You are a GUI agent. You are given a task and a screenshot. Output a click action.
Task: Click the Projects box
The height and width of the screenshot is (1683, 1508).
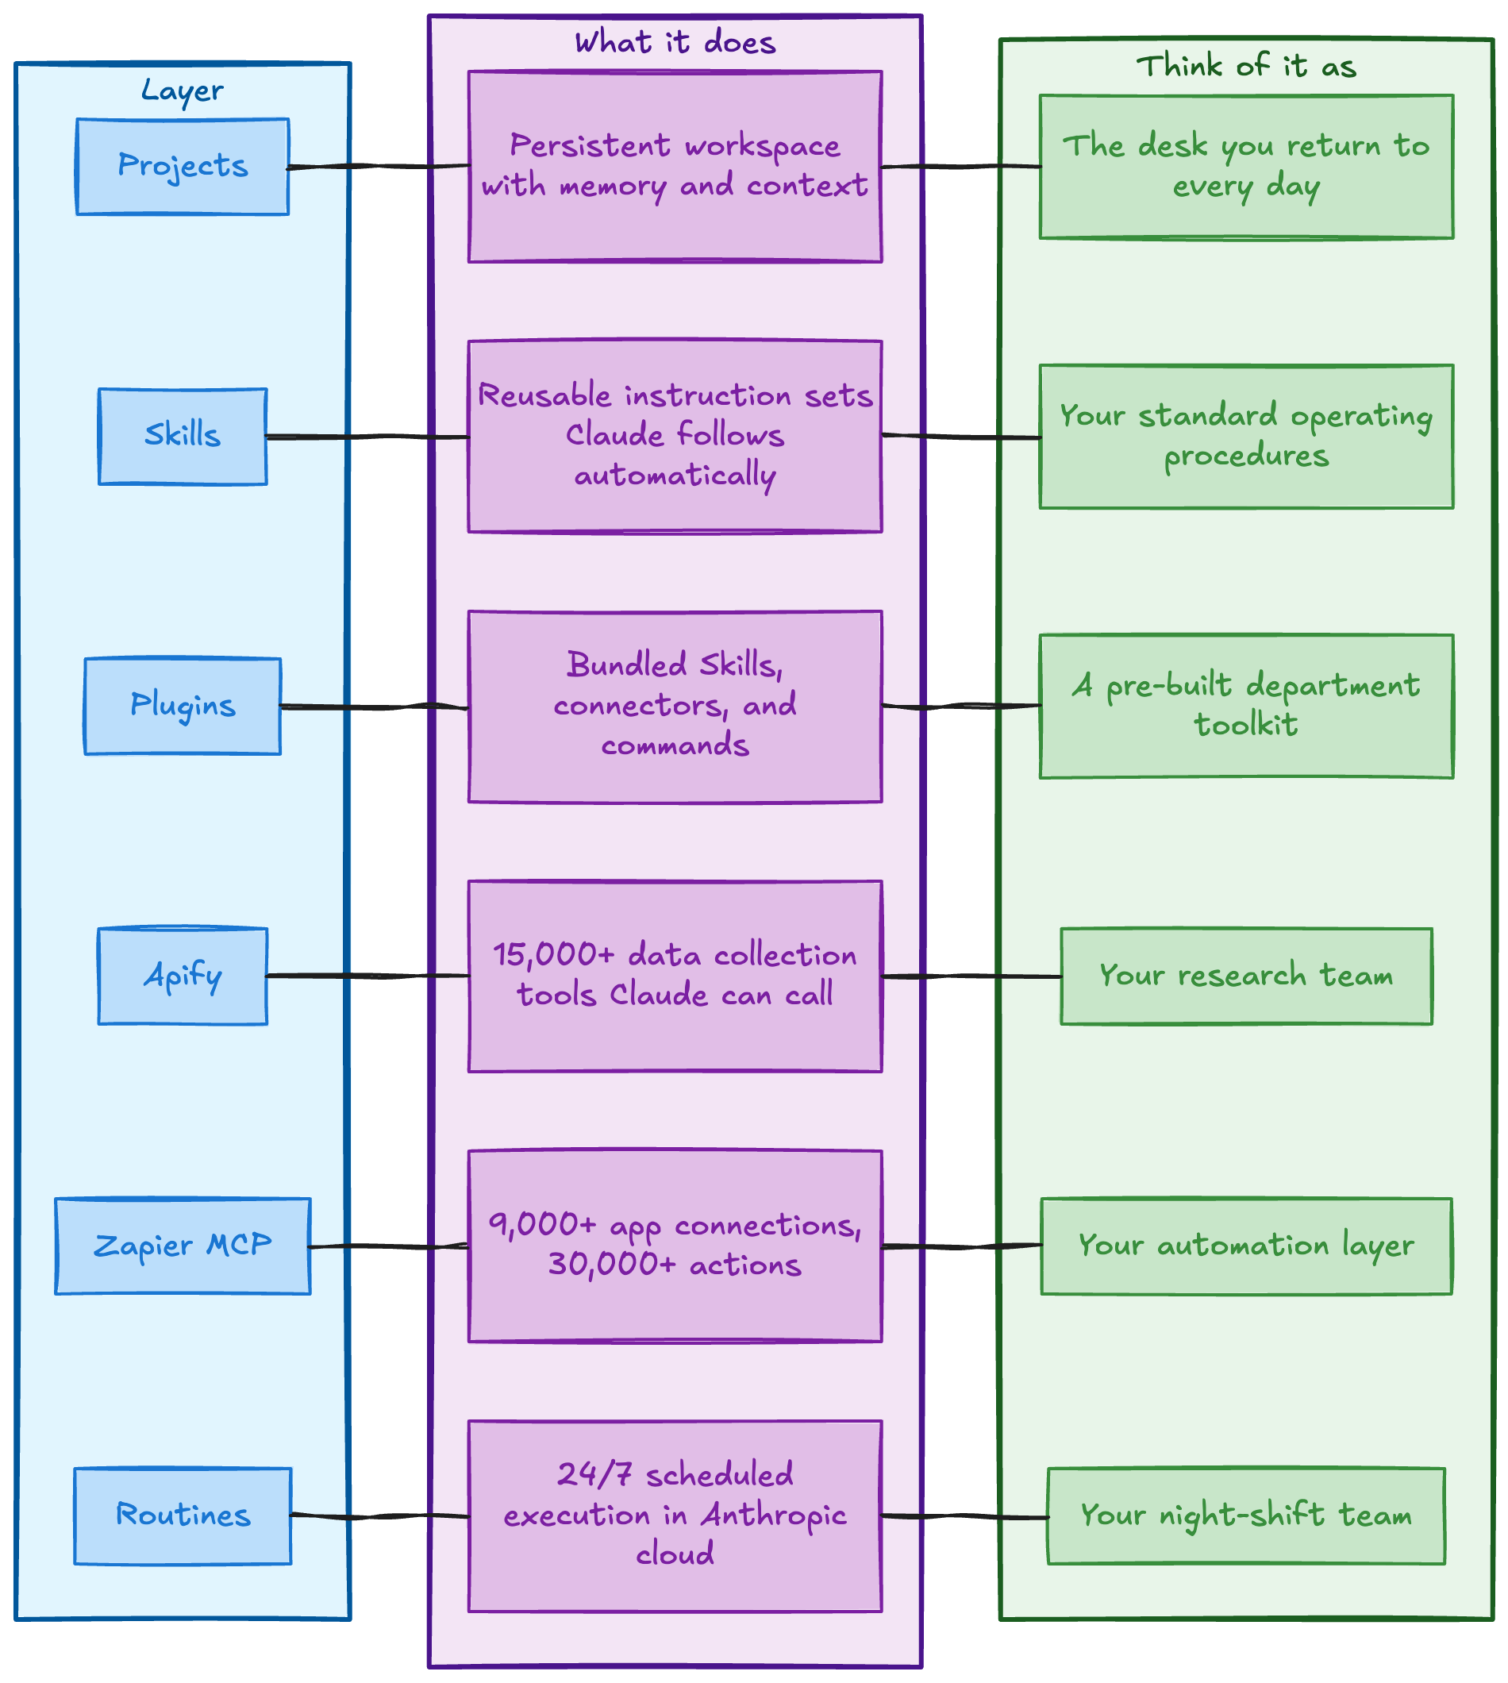[x=183, y=167]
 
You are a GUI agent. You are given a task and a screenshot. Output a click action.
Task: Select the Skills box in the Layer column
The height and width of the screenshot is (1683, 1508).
[x=183, y=436]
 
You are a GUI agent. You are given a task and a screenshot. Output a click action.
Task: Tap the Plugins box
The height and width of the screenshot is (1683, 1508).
[x=183, y=706]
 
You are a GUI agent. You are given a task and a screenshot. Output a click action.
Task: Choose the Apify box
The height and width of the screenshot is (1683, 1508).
[x=183, y=976]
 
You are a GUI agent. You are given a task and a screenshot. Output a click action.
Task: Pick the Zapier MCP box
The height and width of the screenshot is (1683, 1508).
[x=183, y=1246]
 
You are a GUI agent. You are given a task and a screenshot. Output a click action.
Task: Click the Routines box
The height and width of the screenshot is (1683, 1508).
[x=183, y=1515]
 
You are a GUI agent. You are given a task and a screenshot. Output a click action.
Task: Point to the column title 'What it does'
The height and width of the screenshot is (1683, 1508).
[x=675, y=42]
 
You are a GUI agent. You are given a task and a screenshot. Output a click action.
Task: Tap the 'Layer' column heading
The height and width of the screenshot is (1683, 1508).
[x=183, y=91]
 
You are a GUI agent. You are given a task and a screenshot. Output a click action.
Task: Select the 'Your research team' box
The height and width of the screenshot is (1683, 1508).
[x=1246, y=976]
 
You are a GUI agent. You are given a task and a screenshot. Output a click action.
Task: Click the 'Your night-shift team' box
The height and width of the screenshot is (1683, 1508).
[x=1246, y=1515]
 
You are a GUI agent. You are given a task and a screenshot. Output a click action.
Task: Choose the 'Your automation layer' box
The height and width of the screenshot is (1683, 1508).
[x=1246, y=1246]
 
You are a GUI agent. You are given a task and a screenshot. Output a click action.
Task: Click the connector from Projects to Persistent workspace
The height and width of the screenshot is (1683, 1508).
[x=379, y=167]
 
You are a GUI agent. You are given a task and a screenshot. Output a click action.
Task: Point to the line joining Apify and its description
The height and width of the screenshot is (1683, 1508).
[x=368, y=976]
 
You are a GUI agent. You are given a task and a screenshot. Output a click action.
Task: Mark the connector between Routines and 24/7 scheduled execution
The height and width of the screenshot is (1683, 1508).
[x=380, y=1515]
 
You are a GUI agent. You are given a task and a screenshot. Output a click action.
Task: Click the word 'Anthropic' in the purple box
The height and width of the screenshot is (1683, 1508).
[x=774, y=1515]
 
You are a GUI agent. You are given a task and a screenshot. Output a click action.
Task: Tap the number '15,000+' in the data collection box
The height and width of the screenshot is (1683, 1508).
[x=554, y=956]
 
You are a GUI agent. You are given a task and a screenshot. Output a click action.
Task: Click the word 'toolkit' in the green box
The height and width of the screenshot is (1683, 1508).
[x=1246, y=725]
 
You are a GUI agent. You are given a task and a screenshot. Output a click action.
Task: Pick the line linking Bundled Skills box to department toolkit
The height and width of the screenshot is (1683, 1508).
[x=961, y=706]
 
